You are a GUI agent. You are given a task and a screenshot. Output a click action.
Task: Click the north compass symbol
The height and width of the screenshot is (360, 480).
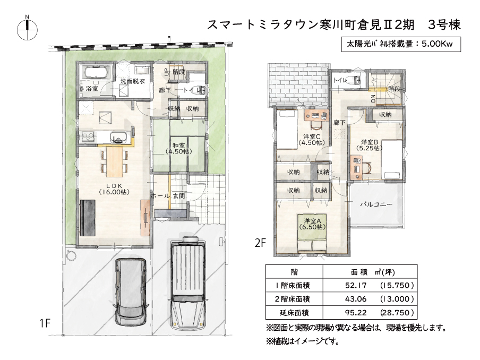tap(27, 30)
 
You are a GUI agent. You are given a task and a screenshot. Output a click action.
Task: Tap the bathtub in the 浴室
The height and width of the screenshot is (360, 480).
tap(96, 73)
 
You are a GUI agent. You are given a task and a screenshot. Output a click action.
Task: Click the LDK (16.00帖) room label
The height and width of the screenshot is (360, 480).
tap(115, 189)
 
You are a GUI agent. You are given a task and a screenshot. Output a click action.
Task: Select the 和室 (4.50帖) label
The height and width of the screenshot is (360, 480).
tap(179, 148)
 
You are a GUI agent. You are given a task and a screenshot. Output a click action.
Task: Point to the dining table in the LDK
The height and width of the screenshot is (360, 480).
tap(115, 161)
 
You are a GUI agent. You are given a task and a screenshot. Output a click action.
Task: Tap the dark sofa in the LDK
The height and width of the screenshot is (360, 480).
tap(88, 218)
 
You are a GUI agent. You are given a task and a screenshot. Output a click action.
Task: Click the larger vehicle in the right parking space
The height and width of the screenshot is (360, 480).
tap(188, 283)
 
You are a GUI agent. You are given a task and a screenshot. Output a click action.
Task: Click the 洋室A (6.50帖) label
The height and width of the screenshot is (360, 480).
tap(312, 224)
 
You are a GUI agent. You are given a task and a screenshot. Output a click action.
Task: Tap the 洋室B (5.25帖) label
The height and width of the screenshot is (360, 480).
tap(369, 145)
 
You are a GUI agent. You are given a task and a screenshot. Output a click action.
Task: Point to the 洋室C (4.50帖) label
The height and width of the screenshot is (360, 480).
tap(312, 139)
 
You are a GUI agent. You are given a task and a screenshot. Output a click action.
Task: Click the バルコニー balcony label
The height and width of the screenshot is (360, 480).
tap(376, 204)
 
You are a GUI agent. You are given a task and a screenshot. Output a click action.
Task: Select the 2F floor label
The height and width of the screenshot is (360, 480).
tap(260, 243)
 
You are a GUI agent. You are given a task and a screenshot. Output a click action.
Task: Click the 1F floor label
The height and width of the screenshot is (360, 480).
tap(45, 323)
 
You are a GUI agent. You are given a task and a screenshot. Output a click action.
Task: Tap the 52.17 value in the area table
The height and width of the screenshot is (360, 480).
tap(356, 285)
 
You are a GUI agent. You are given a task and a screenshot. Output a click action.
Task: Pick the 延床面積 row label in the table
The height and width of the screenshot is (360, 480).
tap(294, 313)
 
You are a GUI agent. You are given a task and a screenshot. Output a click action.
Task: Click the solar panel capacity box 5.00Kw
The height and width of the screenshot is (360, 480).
tap(401, 44)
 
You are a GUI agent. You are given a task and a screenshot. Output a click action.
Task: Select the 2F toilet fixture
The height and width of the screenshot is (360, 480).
tap(355, 80)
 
